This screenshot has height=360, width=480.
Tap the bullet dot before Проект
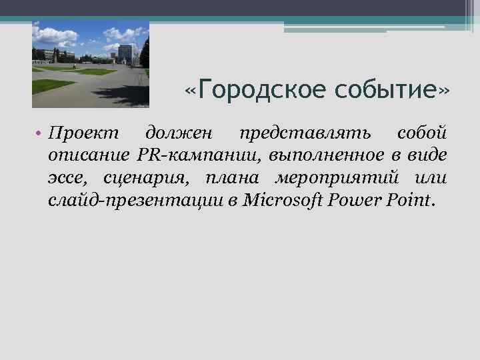tap(40, 133)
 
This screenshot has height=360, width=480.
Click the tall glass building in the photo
tap(125, 53)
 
